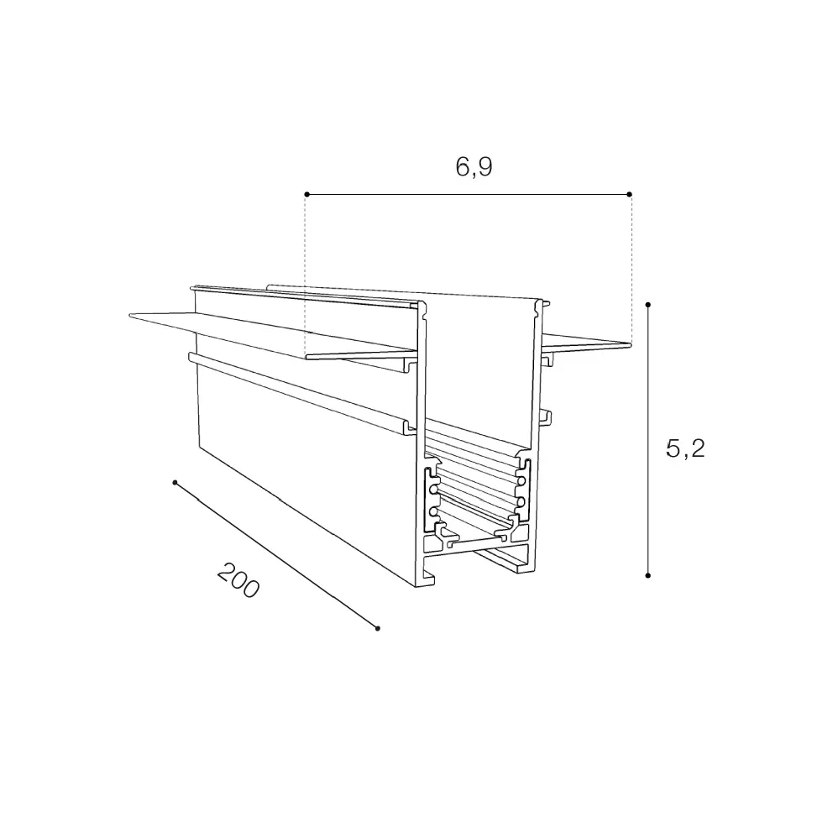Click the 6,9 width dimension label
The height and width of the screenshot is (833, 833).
tap(474, 167)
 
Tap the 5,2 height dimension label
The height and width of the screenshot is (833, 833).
tap(684, 449)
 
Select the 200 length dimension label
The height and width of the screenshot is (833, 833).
tap(238, 580)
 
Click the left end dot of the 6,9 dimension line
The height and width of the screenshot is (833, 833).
tap(306, 195)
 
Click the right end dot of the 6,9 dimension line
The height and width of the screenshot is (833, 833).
tap(630, 195)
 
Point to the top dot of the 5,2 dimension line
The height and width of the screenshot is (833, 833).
tap(648, 305)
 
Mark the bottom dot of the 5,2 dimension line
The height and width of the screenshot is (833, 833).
tap(648, 575)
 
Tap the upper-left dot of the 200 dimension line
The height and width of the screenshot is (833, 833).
tap(175, 482)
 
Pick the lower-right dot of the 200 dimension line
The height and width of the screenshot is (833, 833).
tap(378, 628)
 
